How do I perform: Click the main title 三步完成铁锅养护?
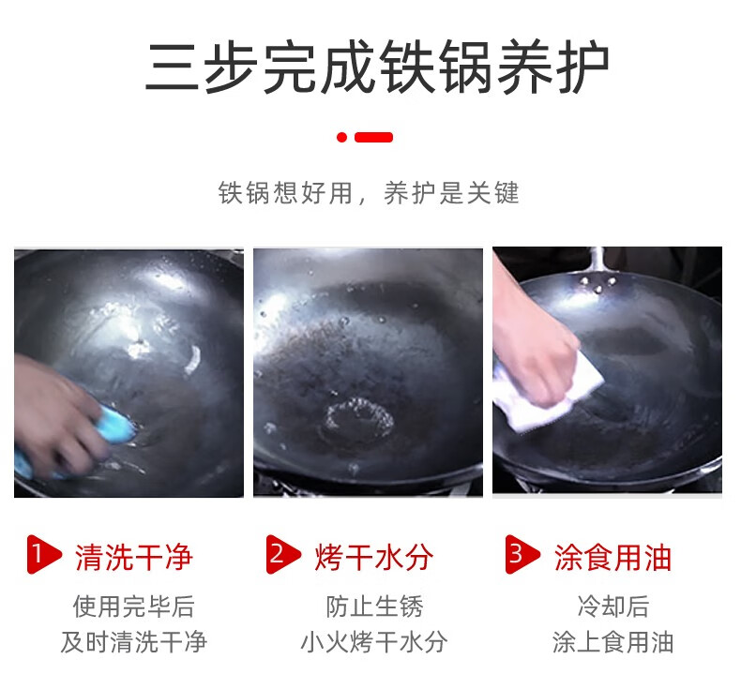(377, 67)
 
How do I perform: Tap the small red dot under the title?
(341, 138)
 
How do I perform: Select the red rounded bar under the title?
(374, 138)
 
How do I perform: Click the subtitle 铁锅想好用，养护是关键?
(369, 193)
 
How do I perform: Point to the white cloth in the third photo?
(548, 392)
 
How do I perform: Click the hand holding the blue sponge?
(56, 415)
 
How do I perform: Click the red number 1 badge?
(44, 554)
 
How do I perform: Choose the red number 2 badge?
(283, 554)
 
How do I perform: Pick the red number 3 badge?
(522, 554)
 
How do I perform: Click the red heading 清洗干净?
(134, 557)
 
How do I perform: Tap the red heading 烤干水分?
(374, 557)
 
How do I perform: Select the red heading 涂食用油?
(612, 557)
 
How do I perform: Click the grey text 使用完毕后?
(134, 607)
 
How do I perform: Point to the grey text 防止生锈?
(374, 607)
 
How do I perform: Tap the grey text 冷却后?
(612, 607)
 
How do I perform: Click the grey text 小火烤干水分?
(374, 642)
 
